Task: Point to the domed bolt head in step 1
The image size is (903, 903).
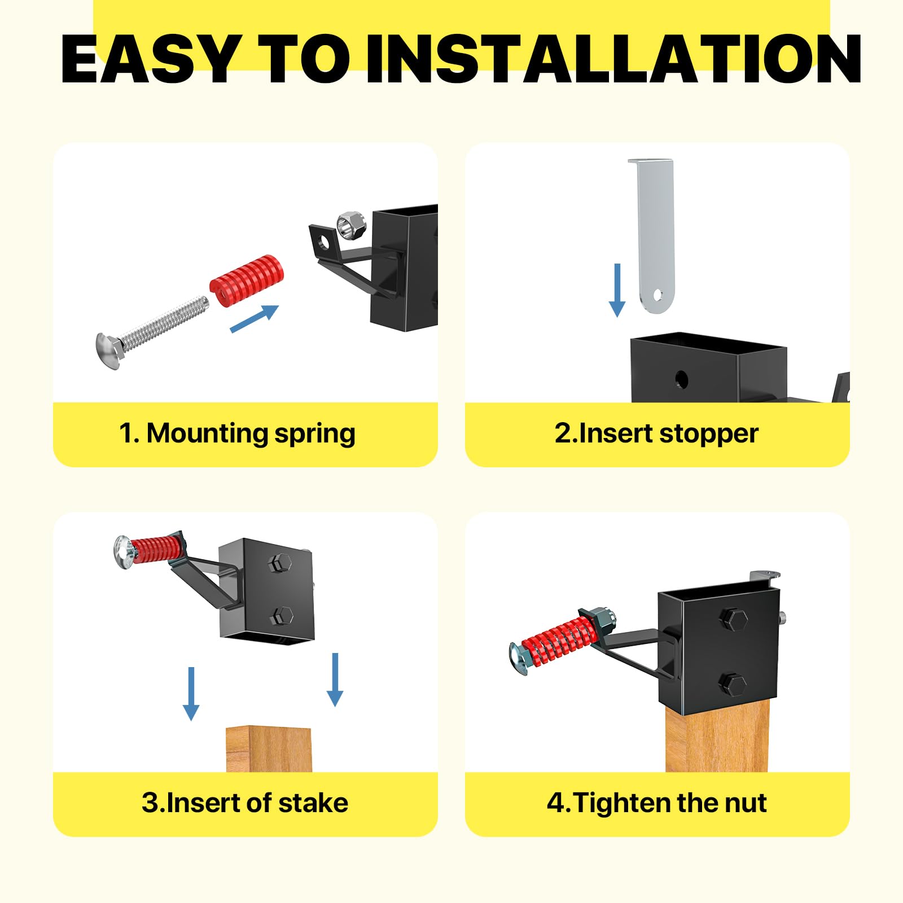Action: point(108,351)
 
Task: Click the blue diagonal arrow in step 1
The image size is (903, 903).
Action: point(255,319)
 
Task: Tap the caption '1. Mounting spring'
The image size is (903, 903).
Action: point(237,433)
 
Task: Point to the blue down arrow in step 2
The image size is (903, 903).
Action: point(617,290)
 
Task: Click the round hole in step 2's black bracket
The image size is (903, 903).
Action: point(681,378)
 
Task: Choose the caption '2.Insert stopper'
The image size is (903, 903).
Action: point(656,433)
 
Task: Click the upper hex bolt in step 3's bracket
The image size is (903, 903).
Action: point(280,563)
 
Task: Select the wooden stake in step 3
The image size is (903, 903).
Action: point(269,749)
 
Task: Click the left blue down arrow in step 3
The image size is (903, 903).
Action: point(191,694)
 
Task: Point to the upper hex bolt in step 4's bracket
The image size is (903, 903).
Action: point(735,619)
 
